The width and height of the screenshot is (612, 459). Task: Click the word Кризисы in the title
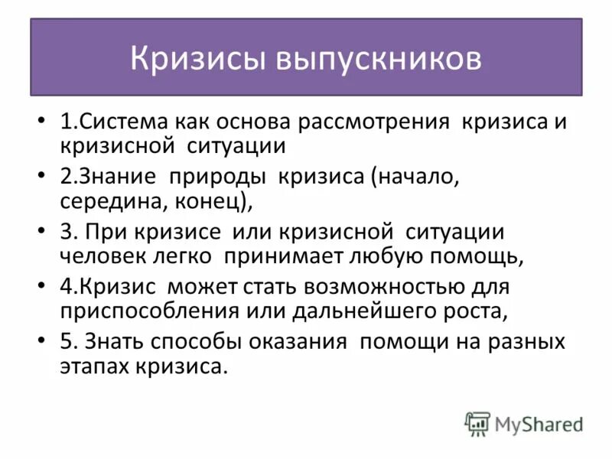tap(197, 59)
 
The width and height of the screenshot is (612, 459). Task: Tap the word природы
tap(216, 177)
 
